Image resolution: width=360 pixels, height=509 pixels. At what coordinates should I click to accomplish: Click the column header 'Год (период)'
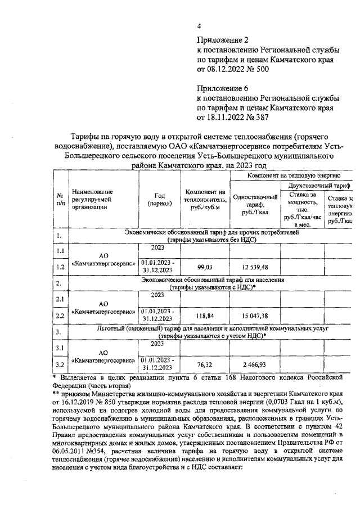[x=159, y=200]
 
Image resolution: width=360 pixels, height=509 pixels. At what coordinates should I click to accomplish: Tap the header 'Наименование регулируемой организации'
[x=93, y=200]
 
